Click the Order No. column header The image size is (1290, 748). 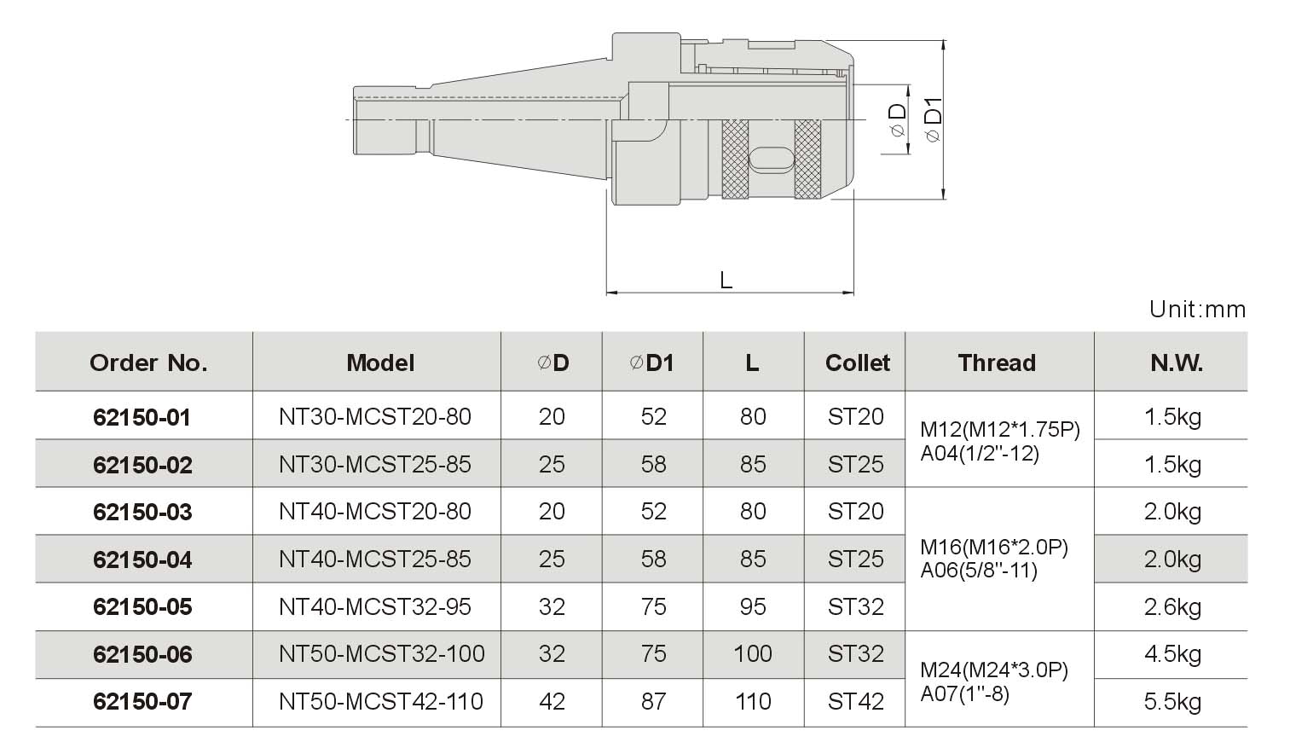pyautogui.click(x=148, y=363)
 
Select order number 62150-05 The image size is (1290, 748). pyautogui.click(x=142, y=606)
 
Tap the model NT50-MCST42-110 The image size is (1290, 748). pyautogui.click(x=380, y=701)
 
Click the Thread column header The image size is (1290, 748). pyautogui.click(x=997, y=363)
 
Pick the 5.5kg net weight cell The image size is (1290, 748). pyautogui.click(x=1172, y=701)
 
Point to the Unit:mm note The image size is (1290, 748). pyautogui.click(x=1197, y=310)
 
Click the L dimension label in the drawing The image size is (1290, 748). pyautogui.click(x=726, y=281)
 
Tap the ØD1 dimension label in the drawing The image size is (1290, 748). pyautogui.click(x=933, y=119)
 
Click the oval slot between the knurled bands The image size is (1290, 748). pyautogui.click(x=772, y=159)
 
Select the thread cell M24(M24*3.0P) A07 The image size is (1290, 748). pyautogui.click(x=994, y=681)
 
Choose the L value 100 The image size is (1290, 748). pyautogui.click(x=753, y=653)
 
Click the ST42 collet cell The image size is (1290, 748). pyautogui.click(x=855, y=701)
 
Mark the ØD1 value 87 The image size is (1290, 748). pyautogui.click(x=653, y=701)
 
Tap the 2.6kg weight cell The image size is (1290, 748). pyautogui.click(x=1172, y=606)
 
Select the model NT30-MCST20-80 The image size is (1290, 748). pyautogui.click(x=375, y=416)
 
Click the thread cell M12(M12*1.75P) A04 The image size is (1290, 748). pyautogui.click(x=1000, y=442)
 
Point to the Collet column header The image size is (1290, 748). pyautogui.click(x=858, y=363)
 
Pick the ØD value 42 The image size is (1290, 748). pyautogui.click(x=552, y=701)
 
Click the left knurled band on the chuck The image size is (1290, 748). pyautogui.click(x=735, y=159)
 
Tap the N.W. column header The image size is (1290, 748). pyautogui.click(x=1176, y=363)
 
